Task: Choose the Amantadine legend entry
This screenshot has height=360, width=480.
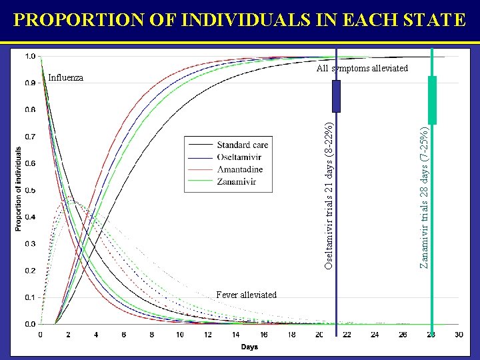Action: (x=240, y=169)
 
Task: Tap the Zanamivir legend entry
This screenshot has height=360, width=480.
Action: (x=238, y=181)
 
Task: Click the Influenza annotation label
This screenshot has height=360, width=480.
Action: (x=66, y=77)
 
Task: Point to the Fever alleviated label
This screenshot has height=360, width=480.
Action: (x=247, y=295)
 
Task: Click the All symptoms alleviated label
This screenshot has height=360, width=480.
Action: (x=362, y=68)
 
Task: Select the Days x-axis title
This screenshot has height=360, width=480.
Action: (x=249, y=347)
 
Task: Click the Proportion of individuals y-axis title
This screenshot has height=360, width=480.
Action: (x=18, y=189)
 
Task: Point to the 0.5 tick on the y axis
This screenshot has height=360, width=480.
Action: (x=29, y=190)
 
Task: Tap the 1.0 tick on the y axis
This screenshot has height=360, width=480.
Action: (x=29, y=56)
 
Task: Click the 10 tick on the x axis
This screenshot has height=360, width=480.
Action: (x=180, y=335)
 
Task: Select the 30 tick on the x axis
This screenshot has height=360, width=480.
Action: (x=459, y=335)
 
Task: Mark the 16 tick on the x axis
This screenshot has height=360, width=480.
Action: (x=264, y=335)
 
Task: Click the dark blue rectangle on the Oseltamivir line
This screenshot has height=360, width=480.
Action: (x=336, y=96)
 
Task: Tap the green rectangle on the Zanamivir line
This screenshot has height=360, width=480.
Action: (x=432, y=100)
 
